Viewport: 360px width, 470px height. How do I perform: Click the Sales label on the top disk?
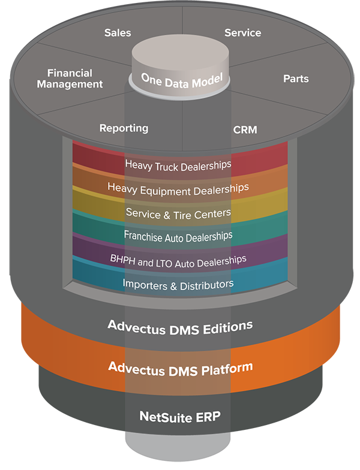pos(118,32)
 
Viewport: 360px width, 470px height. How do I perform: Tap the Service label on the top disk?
pos(242,32)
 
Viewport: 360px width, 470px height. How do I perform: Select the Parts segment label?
pos(296,79)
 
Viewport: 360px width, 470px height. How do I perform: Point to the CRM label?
pos(245,129)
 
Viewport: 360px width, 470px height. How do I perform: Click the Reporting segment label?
pos(124,128)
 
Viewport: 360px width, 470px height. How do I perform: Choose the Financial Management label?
pos(70,79)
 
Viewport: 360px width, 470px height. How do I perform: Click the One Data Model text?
pos(182,80)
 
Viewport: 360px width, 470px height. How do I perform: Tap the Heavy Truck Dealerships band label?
pos(178,165)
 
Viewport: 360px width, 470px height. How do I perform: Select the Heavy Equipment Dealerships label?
pos(178,189)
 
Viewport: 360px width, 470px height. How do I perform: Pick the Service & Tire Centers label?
pos(179,213)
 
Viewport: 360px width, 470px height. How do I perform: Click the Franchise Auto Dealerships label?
pos(178,236)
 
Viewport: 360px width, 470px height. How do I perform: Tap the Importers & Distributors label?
pos(178,285)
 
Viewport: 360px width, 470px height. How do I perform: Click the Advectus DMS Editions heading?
pos(180,327)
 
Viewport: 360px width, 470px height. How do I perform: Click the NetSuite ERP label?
pos(180,417)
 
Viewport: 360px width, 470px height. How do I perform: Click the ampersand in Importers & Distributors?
pos(173,286)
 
